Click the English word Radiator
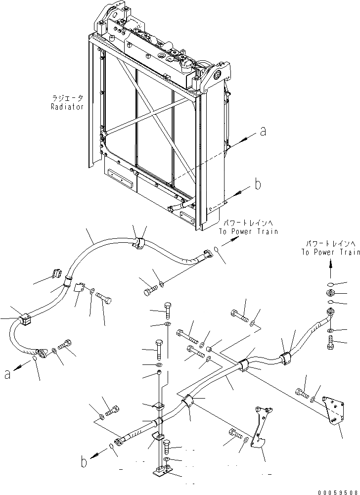click(x=68, y=107)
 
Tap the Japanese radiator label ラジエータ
click(x=67, y=98)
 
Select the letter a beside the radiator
click(x=263, y=132)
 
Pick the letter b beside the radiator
click(x=257, y=184)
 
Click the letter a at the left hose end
click(x=6, y=375)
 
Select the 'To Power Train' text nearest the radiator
click(x=249, y=231)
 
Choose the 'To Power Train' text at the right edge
click(x=330, y=252)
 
